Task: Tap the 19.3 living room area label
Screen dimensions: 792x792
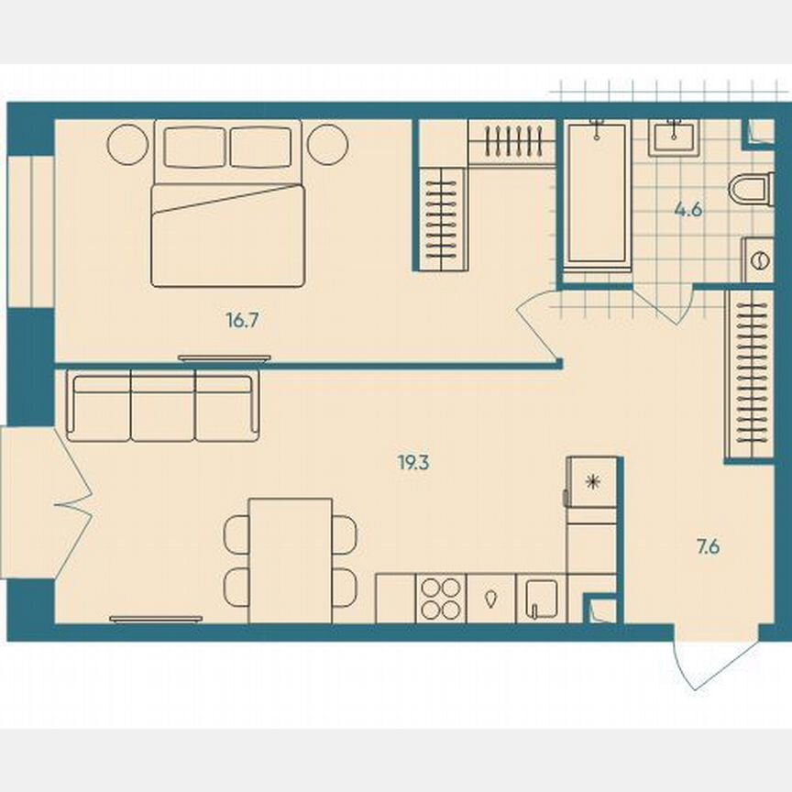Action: coord(414,463)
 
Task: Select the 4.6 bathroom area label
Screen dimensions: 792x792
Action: coord(688,209)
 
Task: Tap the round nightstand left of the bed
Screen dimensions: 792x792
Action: coord(127,144)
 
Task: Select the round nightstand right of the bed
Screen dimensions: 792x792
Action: coord(327,144)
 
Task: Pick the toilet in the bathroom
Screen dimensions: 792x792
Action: coord(753,192)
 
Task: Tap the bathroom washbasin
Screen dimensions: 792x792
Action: coord(676,138)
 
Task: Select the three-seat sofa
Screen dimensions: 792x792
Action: coord(162,406)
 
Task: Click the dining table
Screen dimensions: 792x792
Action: coord(291,560)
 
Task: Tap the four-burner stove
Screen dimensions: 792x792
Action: coord(441,598)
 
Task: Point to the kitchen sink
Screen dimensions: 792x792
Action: coord(541,599)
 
